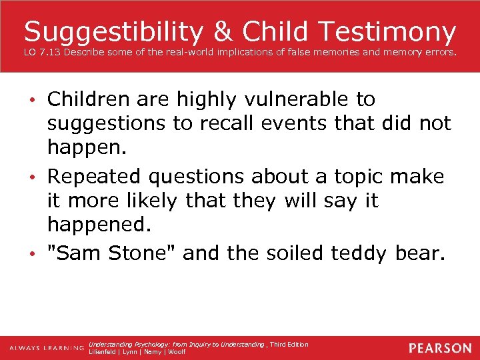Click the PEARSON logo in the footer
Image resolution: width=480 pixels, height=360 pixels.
coord(439,348)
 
